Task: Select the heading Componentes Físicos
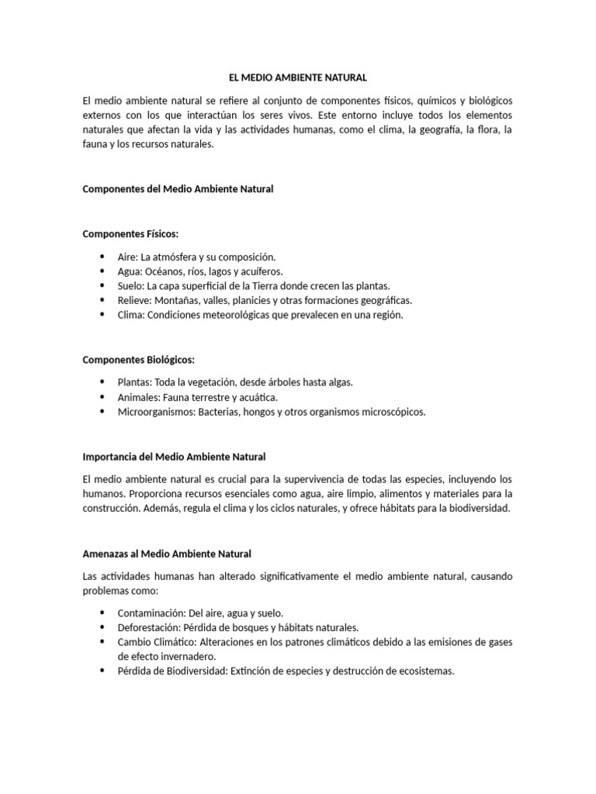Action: click(131, 233)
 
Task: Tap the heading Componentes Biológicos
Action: click(139, 360)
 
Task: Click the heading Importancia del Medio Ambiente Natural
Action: click(174, 457)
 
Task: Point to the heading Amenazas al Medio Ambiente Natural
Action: click(167, 554)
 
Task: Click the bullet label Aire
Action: click(126, 257)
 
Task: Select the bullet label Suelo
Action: click(130, 286)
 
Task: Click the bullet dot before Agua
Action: click(102, 271)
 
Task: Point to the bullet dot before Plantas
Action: click(102, 382)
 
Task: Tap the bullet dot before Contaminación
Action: click(102, 613)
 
